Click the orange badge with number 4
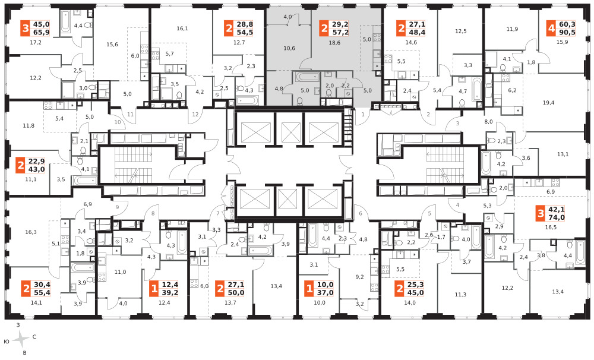(551, 29)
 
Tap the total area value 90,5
(567, 33)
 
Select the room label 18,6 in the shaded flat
(334, 43)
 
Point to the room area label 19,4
(548, 102)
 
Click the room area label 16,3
(31, 232)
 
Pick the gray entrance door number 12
(195, 115)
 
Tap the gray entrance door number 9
(118, 207)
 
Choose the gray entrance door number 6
(361, 213)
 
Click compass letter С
(34, 336)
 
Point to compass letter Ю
(7, 342)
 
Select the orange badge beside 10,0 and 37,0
(309, 289)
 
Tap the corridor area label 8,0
(488, 122)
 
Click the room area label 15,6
(112, 45)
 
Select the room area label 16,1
(182, 29)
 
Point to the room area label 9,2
(359, 277)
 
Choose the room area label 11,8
(29, 125)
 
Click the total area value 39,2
(170, 293)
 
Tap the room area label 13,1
(563, 154)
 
